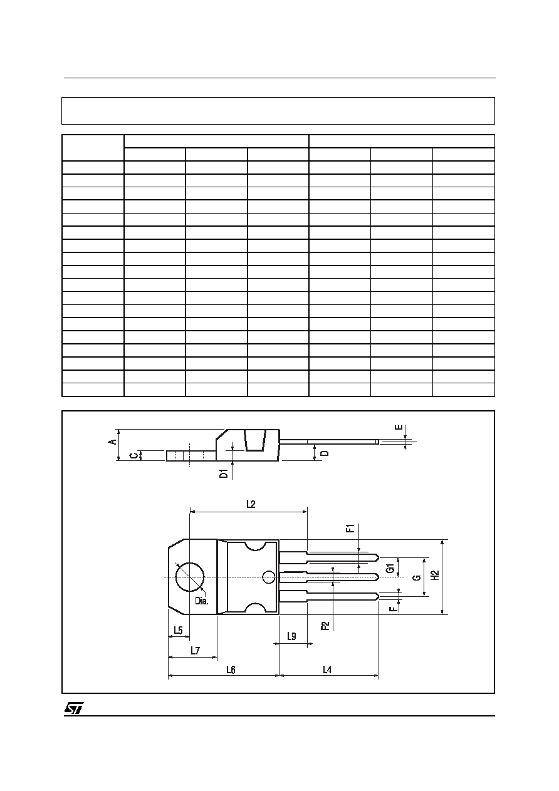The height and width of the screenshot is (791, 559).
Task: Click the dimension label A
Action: [113, 442]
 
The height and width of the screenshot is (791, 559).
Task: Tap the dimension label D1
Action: [224, 473]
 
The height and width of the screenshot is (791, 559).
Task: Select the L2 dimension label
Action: [251, 504]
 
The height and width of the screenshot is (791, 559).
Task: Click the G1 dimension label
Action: [390, 569]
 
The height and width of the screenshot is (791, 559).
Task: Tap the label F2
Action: [325, 626]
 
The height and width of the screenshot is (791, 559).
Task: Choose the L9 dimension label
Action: [291, 636]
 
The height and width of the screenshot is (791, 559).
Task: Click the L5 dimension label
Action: [178, 630]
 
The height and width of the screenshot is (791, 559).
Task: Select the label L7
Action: [196, 650]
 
